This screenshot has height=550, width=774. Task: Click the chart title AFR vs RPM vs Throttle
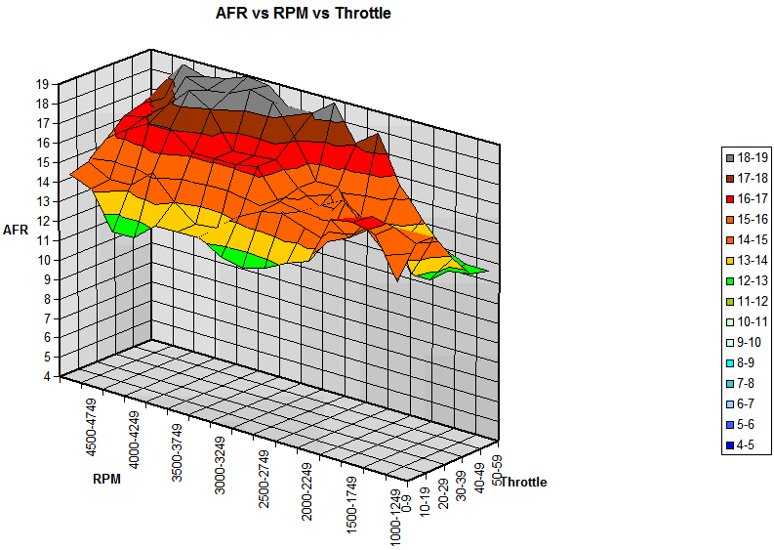point(303,14)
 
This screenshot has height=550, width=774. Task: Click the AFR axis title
point(17,229)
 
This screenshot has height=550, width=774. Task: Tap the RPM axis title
point(107,479)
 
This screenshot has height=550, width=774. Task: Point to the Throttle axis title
point(523,482)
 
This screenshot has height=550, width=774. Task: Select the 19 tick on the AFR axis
point(43,84)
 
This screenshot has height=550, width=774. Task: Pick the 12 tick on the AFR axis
point(43,220)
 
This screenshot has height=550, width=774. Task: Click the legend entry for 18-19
point(751,156)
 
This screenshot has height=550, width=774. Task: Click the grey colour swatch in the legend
point(730,156)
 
